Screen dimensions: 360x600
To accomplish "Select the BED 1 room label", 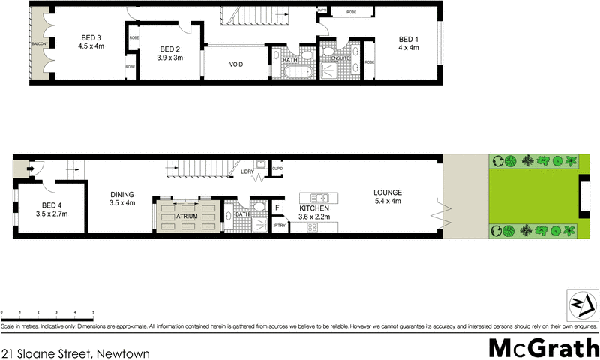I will (407, 39).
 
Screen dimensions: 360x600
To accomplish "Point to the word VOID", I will (236, 64).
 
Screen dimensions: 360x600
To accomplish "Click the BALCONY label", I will (40, 45).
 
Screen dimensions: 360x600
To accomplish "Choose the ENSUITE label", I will (331, 58).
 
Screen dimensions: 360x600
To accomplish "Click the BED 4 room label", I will (51, 205).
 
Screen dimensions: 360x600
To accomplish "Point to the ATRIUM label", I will (187, 216).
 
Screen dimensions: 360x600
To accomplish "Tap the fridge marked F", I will (277, 208).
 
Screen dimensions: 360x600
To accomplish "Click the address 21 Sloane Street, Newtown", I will (76, 352).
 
